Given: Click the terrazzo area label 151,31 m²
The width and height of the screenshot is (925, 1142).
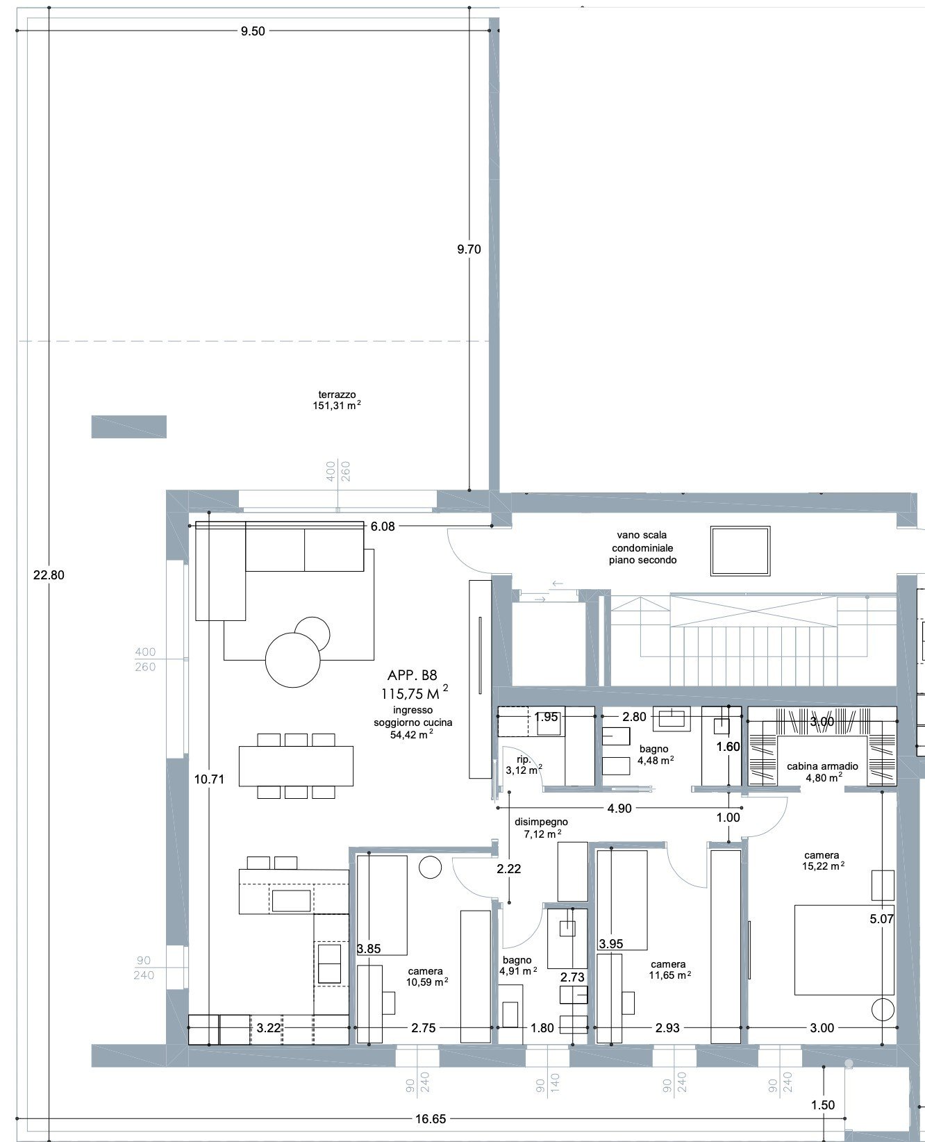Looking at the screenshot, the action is tap(337, 405).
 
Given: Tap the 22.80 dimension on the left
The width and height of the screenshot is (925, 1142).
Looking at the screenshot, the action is tap(49, 574).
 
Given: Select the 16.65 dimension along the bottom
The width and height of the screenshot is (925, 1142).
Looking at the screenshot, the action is tap(431, 1118).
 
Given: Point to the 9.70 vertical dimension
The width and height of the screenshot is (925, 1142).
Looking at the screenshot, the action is tap(469, 249).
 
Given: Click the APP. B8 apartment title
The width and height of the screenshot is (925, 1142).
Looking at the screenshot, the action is tap(412, 675).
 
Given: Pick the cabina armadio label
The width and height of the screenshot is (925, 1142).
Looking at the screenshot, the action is tap(822, 766).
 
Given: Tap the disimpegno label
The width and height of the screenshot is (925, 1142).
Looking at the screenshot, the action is tap(541, 822).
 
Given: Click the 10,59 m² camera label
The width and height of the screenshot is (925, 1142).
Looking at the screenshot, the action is tap(426, 982).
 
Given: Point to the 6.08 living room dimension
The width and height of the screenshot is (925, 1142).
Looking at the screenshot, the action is tap(383, 527).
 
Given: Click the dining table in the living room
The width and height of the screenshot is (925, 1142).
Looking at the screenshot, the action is tap(296, 766).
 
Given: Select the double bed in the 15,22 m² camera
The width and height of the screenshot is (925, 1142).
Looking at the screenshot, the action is tap(844, 949).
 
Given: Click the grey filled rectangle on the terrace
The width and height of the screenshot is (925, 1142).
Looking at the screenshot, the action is tap(129, 427).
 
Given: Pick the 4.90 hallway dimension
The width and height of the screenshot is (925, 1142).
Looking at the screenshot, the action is tap(619, 809).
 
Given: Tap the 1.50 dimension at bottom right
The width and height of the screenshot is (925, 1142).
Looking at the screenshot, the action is tap(822, 1105).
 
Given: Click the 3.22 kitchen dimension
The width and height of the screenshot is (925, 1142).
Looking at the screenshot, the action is tap(268, 1027).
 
